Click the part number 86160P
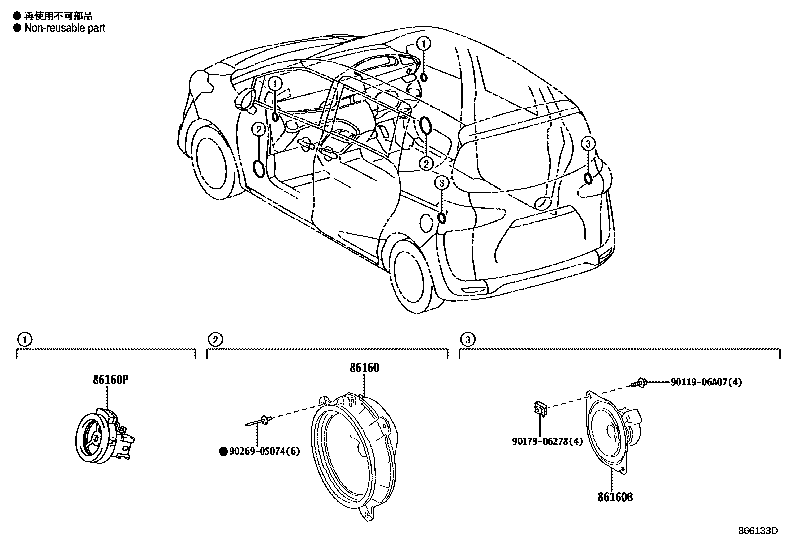[x=111, y=380]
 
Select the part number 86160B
[x=615, y=497]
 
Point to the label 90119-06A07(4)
[x=706, y=382]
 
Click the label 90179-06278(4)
[x=547, y=441]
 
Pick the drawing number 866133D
[x=758, y=530]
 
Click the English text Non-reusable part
[x=65, y=28]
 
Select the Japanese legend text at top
[x=58, y=17]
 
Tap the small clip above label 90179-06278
[x=540, y=409]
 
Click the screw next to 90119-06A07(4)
[x=640, y=383]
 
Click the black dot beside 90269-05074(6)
[x=223, y=452]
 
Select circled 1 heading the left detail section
[x=24, y=340]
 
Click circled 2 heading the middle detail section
[x=214, y=340]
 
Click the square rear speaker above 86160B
[x=608, y=430]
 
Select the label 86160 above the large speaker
[x=364, y=368]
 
